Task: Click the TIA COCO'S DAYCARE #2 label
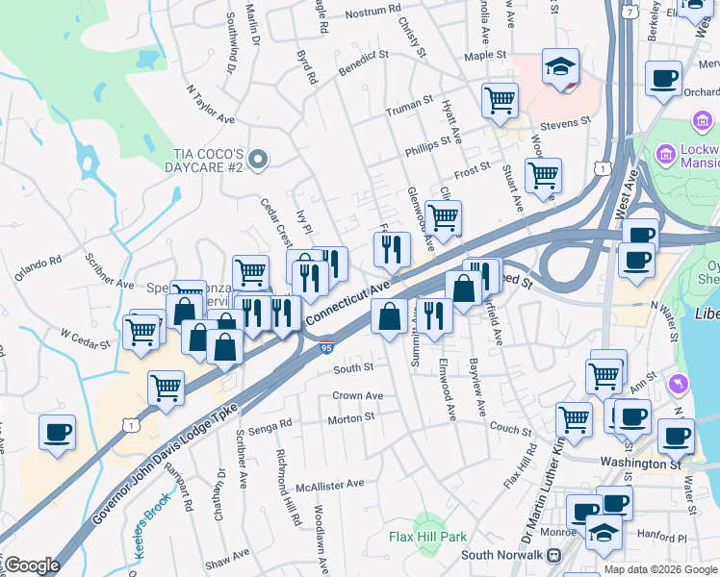(x=207, y=161)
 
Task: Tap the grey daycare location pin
(x=257, y=160)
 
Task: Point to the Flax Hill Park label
(x=427, y=536)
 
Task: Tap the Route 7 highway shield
(x=628, y=12)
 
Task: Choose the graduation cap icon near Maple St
(x=560, y=67)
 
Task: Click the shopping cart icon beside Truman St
(x=500, y=99)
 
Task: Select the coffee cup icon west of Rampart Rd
(x=57, y=432)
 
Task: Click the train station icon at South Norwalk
(x=554, y=555)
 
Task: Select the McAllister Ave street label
(x=330, y=485)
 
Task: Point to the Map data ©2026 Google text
(x=659, y=569)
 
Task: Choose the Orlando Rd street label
(x=38, y=266)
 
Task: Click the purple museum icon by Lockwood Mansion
(x=665, y=154)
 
